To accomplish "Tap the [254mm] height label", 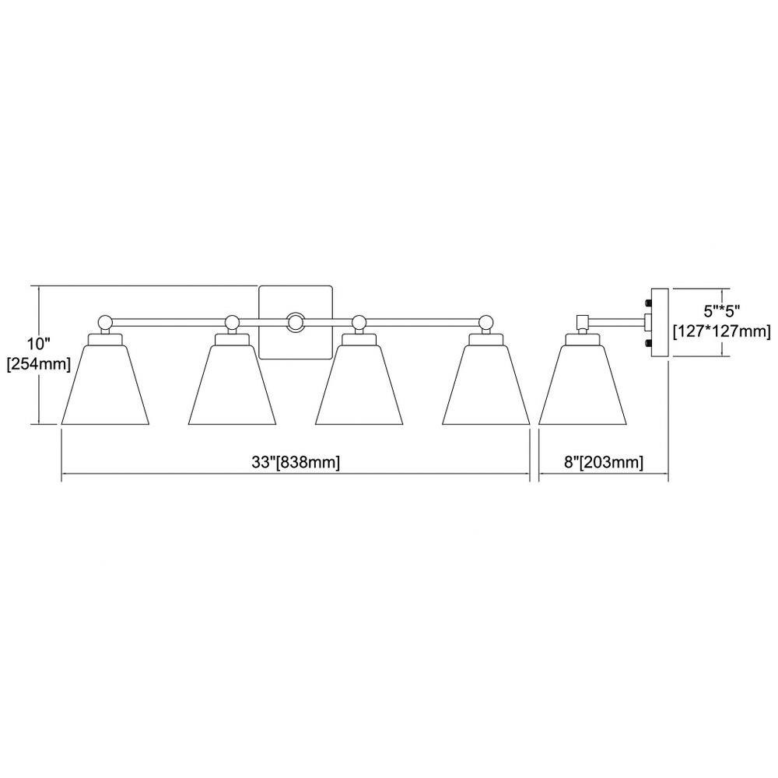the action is (39, 364).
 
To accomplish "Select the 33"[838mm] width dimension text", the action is (296, 462).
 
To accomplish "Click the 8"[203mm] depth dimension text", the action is (604, 462).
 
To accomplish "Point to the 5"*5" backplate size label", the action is (722, 311).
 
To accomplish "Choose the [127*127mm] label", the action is (722, 331).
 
